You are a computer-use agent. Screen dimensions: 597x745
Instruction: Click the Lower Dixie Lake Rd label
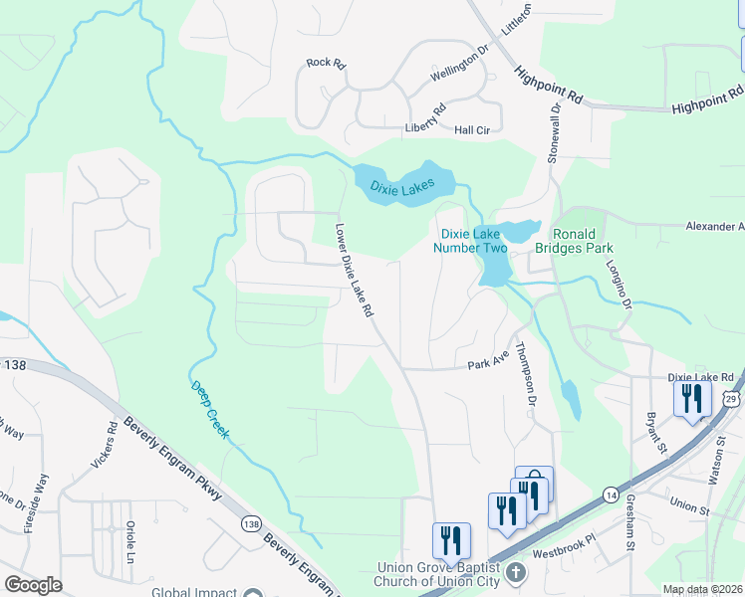pos(354,270)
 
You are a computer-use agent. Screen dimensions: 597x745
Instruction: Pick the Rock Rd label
pos(325,63)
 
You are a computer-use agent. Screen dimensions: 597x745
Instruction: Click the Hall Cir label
pos(472,130)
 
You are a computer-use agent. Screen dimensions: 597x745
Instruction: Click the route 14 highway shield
pos(611,495)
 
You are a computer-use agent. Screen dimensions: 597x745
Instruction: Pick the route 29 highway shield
pos(732,398)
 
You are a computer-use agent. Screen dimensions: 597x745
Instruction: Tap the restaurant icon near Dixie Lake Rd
pos(692,399)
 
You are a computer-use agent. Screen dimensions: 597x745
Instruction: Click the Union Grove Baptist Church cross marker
pos(514,573)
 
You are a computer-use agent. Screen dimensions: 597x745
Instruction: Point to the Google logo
pos(33,585)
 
